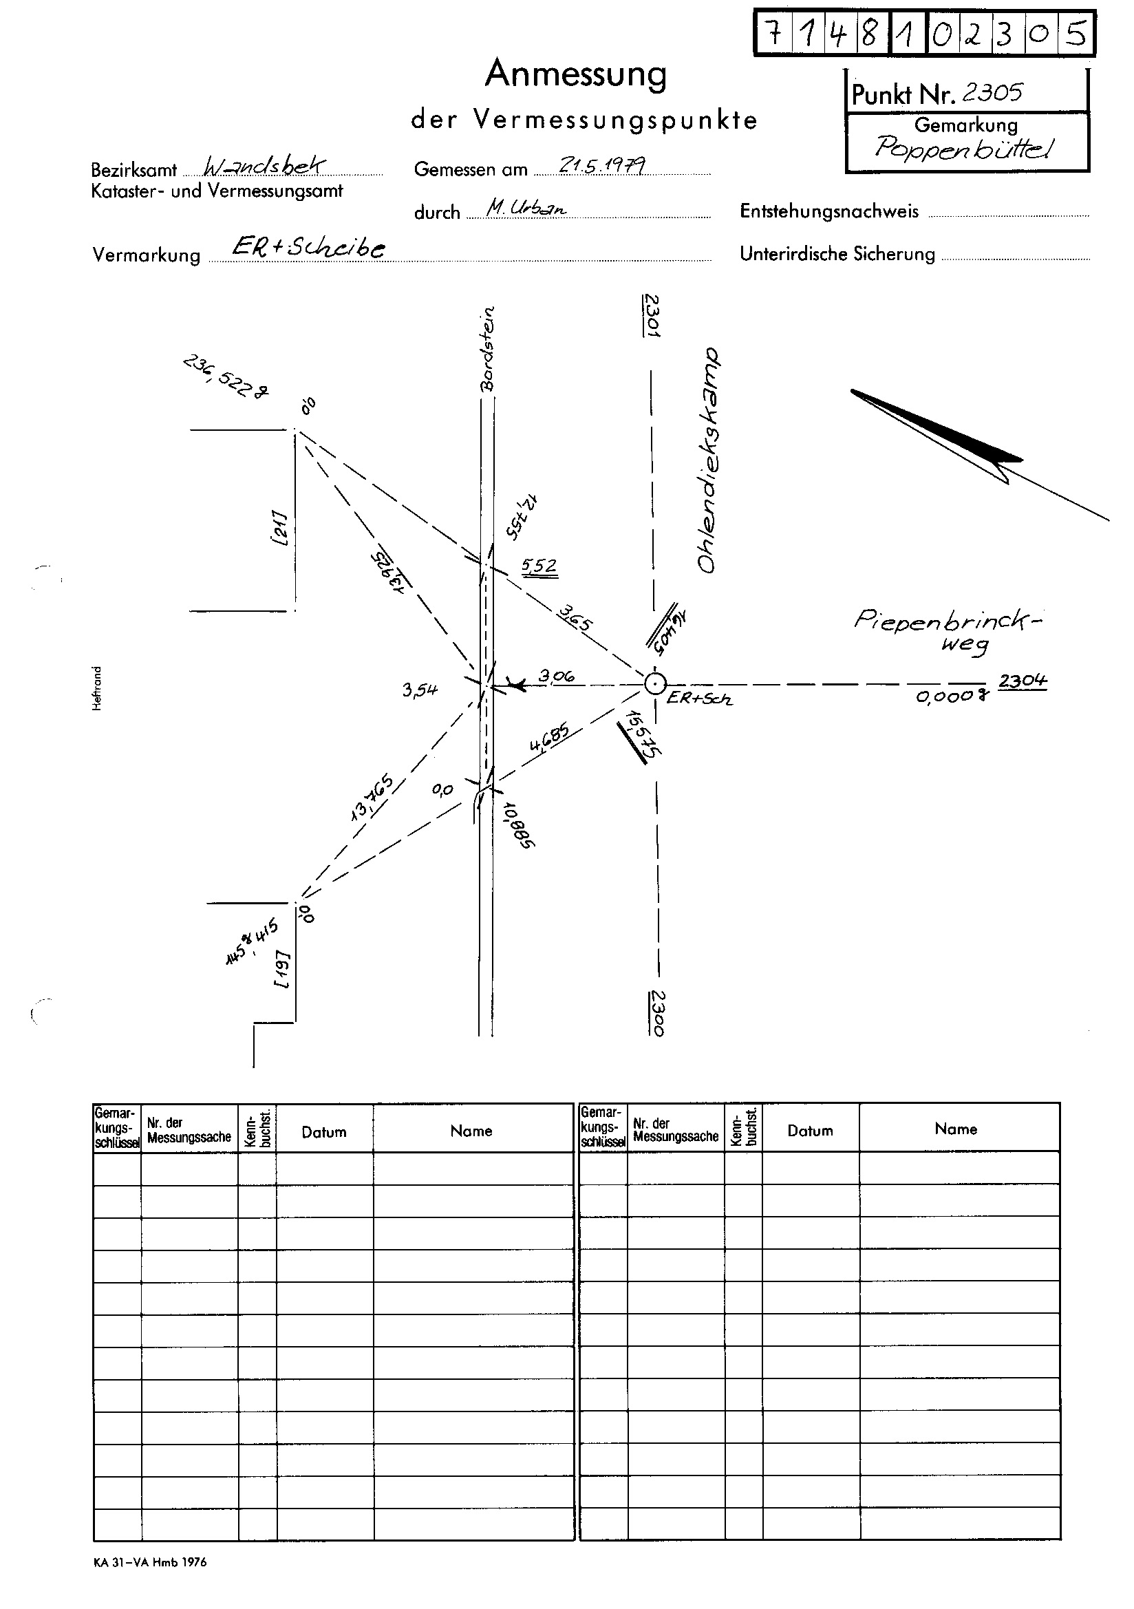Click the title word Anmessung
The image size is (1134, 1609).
point(575,74)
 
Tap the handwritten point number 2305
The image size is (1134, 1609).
point(992,92)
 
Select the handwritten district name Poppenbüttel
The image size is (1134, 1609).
point(963,148)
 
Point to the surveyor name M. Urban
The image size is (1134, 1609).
point(526,207)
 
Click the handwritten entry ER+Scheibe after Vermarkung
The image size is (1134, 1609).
point(308,247)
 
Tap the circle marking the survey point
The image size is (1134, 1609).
point(654,683)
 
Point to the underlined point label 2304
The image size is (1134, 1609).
point(1023,681)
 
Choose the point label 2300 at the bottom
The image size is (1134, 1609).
point(656,1012)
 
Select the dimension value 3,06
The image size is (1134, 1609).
point(557,676)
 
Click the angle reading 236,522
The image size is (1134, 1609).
point(226,376)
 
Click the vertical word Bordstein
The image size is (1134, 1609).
point(488,348)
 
